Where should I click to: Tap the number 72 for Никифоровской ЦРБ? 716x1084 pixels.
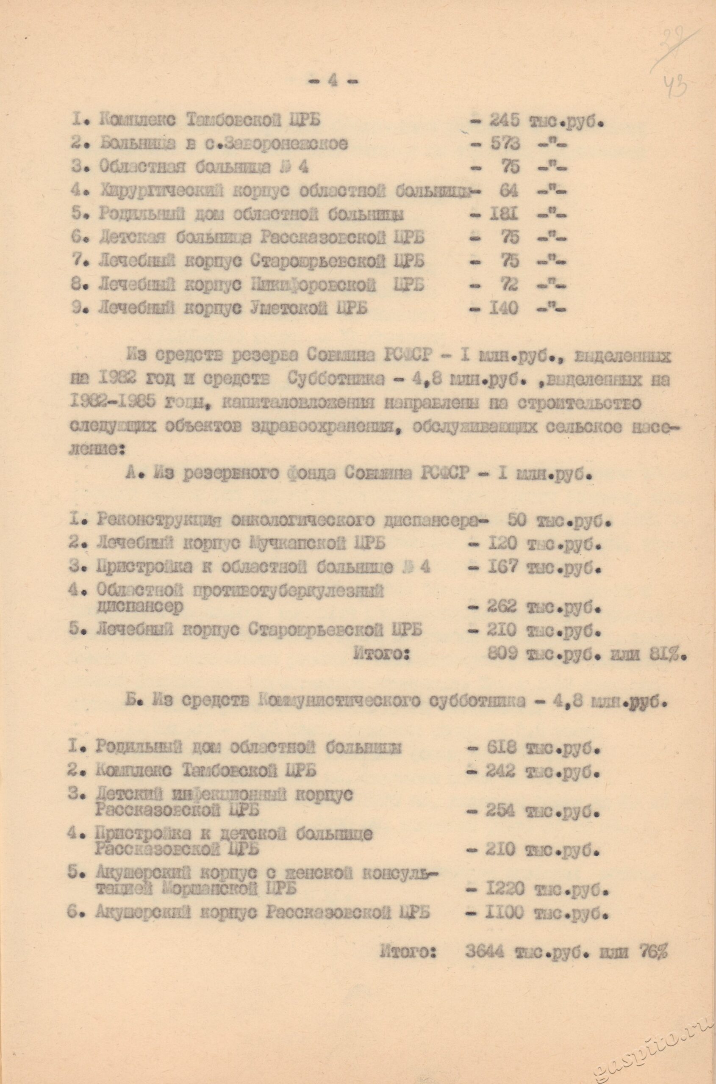[x=509, y=285]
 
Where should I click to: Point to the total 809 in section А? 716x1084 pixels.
[x=502, y=654]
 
